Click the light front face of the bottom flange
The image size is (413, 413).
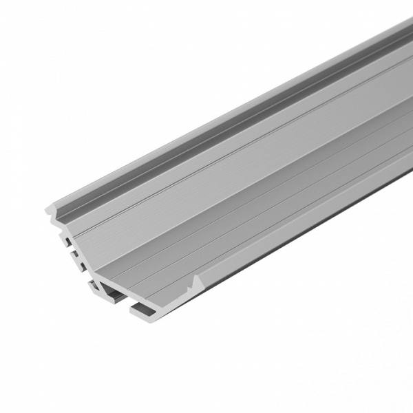coord(141,313)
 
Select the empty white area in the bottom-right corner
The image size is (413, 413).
coord(358,358)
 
